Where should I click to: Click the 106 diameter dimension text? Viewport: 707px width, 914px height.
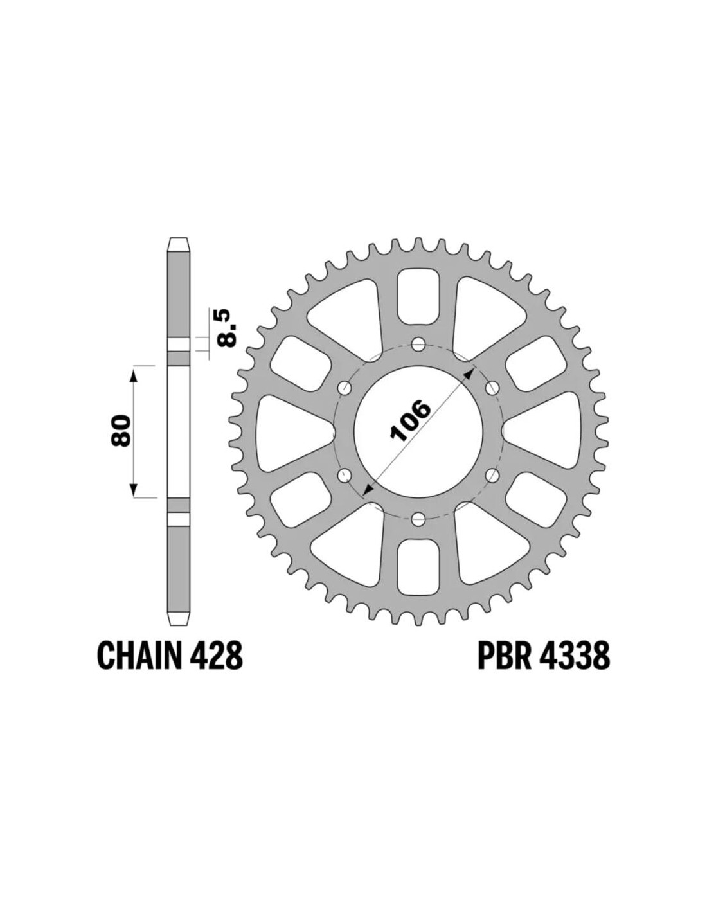pos(411,421)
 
